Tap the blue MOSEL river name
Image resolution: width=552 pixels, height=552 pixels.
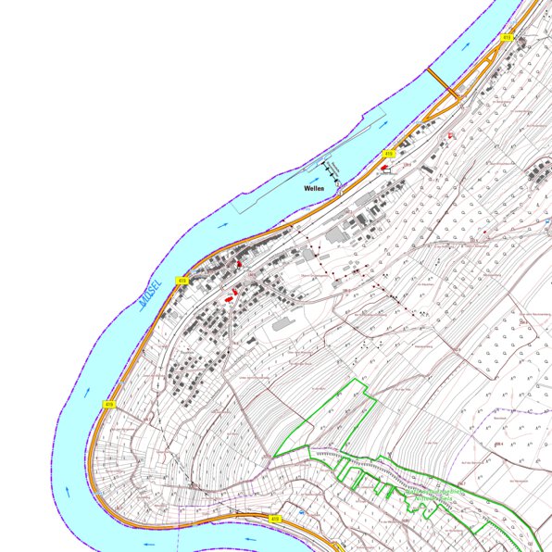click(149, 293)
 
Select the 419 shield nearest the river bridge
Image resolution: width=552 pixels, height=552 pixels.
click(507, 37)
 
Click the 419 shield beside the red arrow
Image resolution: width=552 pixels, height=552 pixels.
click(389, 153)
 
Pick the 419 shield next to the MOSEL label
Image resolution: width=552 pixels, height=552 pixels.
click(182, 280)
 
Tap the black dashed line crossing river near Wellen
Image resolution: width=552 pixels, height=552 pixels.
click(331, 170)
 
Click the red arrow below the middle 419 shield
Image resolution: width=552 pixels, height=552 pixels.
click(384, 167)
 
